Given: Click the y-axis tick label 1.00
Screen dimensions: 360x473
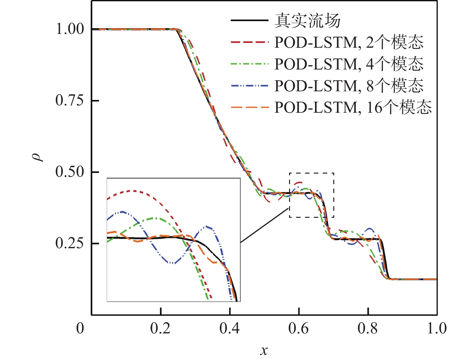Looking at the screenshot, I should (70, 29).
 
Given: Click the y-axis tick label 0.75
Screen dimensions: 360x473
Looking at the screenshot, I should (70, 101).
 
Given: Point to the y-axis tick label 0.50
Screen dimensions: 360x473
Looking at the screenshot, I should (70, 172).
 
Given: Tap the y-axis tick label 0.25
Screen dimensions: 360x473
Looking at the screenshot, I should (70, 243).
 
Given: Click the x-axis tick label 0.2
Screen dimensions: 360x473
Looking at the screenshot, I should (160, 329).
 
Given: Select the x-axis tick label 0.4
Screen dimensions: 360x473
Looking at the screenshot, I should (229, 329).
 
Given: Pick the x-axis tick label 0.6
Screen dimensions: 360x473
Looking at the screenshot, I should (299, 329).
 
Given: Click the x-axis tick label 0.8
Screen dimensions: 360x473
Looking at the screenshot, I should (368, 329).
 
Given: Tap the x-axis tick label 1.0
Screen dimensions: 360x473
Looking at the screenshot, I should (437, 329).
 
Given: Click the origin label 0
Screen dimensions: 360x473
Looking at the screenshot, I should (80, 329).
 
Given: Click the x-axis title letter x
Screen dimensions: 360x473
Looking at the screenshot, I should (264, 350).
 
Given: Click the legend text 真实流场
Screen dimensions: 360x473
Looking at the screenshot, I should (308, 21).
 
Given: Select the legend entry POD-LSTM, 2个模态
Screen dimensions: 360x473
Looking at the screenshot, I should (349, 42).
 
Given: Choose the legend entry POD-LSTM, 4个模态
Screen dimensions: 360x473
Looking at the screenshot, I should (349, 64).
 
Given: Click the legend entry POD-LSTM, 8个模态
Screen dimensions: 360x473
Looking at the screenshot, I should (349, 86).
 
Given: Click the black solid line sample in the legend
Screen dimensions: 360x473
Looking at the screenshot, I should (250, 20).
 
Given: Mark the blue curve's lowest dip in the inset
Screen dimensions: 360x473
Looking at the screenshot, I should (172, 263).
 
